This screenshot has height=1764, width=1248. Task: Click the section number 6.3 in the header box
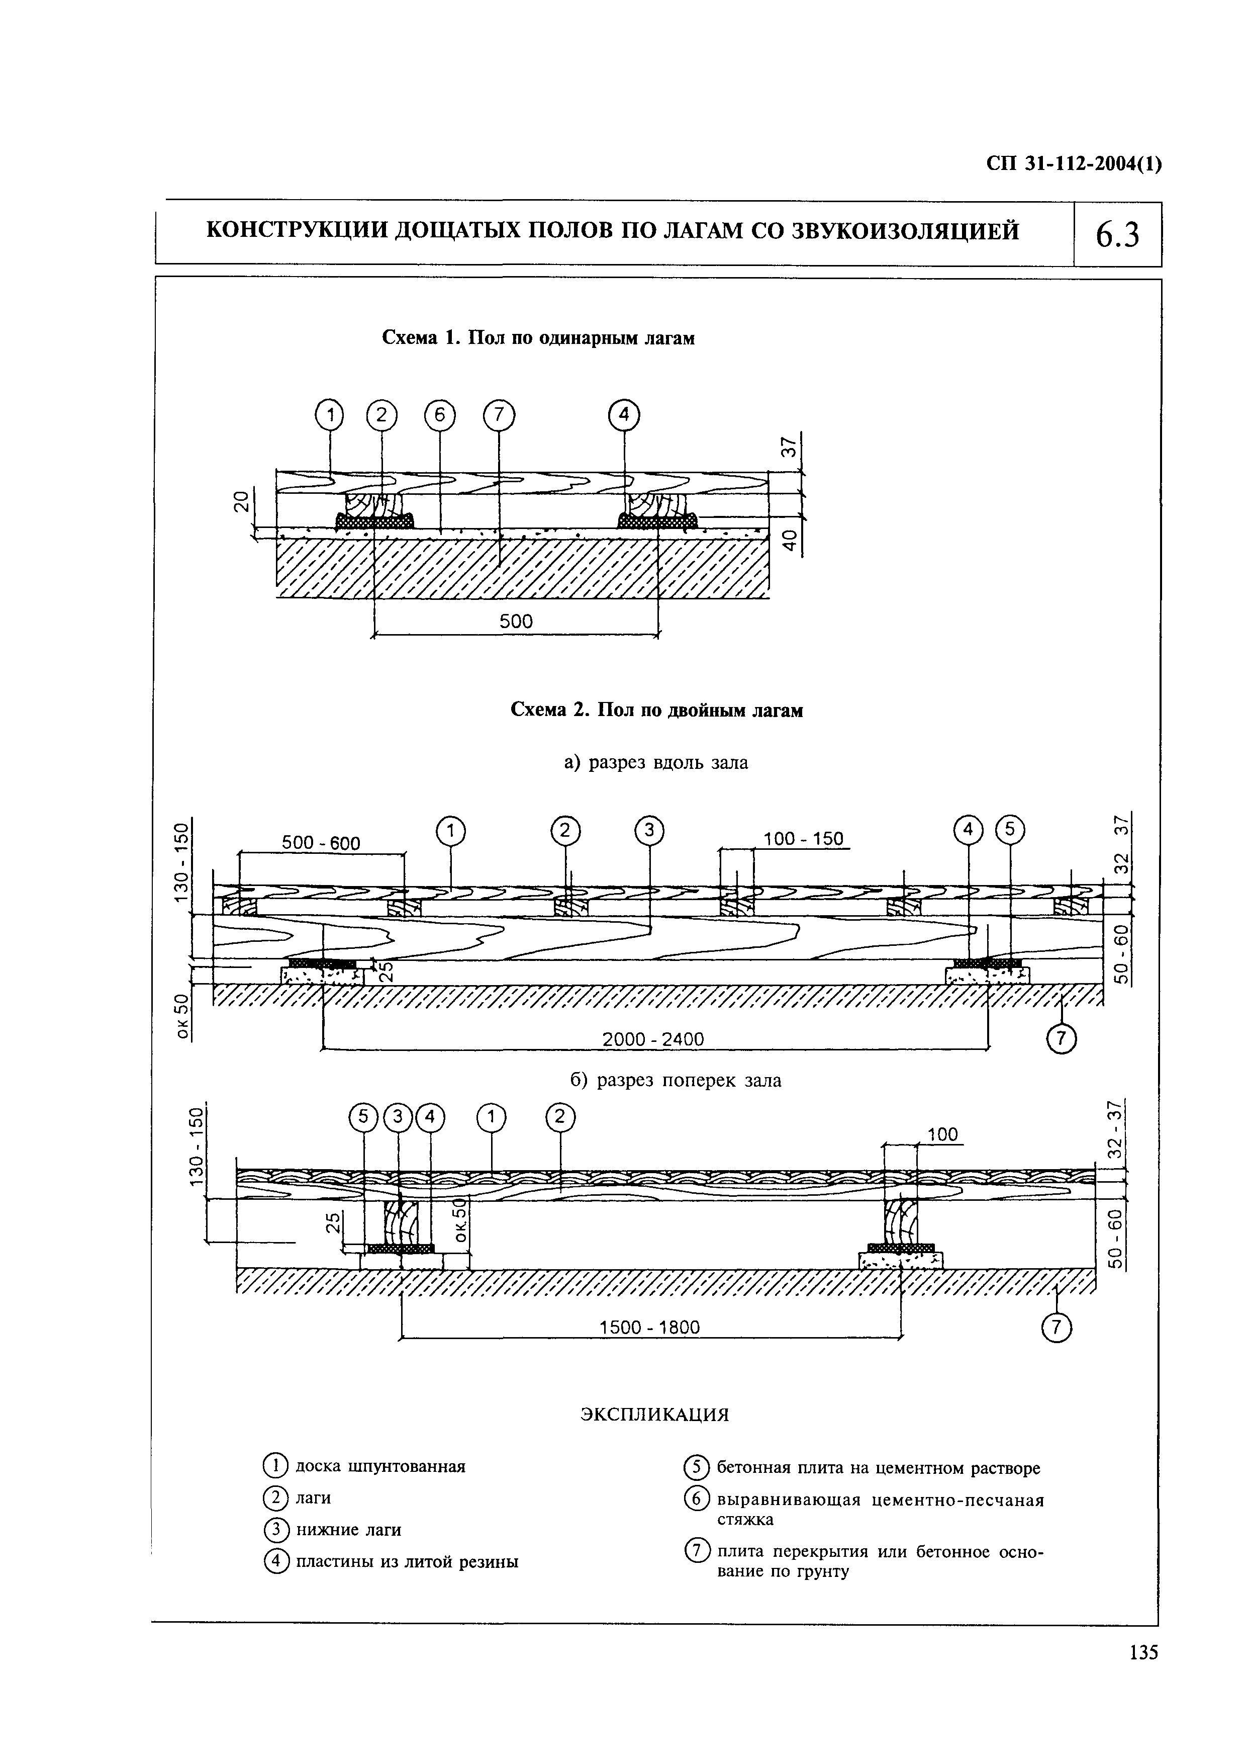[1117, 234]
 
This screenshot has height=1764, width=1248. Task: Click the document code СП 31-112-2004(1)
[1073, 164]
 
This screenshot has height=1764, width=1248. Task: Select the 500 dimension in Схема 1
[516, 621]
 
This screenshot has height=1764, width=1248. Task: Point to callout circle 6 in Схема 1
[440, 416]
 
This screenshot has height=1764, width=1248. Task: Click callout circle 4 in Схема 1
[624, 416]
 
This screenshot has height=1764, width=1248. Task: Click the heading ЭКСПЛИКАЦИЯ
[654, 1415]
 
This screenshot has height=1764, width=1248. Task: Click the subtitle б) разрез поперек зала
[676, 1080]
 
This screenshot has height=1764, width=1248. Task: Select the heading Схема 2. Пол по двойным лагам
[656, 710]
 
